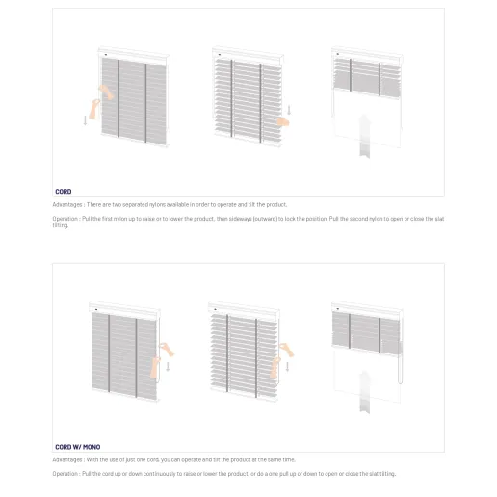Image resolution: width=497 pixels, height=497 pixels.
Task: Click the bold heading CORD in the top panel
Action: coord(63,192)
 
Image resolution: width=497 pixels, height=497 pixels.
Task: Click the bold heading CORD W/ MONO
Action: coord(77,447)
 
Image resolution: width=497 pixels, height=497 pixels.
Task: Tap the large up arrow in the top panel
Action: coord(365,136)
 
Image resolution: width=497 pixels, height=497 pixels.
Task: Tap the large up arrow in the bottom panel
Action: coord(365,390)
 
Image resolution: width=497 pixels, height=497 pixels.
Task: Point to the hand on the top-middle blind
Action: coord(283,121)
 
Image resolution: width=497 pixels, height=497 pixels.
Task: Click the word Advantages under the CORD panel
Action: coord(67,205)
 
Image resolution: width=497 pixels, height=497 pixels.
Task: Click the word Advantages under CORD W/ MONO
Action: coord(67,459)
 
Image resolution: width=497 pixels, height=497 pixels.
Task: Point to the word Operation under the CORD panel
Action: coord(65,219)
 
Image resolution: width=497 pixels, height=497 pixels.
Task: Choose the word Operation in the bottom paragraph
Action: coord(65,474)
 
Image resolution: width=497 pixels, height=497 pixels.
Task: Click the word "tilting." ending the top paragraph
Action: coord(61,225)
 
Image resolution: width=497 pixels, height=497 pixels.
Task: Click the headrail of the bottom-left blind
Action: coord(123,308)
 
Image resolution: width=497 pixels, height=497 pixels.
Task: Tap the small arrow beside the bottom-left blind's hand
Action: coord(168,366)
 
